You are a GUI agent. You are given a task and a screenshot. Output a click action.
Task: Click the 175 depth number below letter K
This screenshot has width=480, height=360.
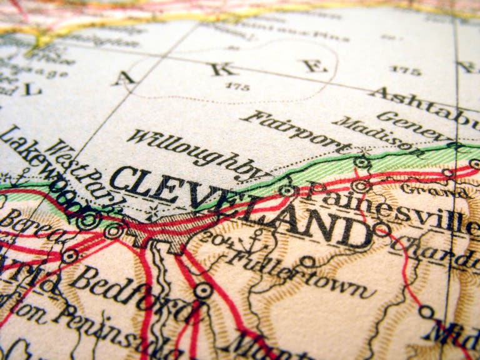(x=237, y=86)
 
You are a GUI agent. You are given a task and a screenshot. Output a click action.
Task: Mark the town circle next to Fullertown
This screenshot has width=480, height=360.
(x=306, y=261)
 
